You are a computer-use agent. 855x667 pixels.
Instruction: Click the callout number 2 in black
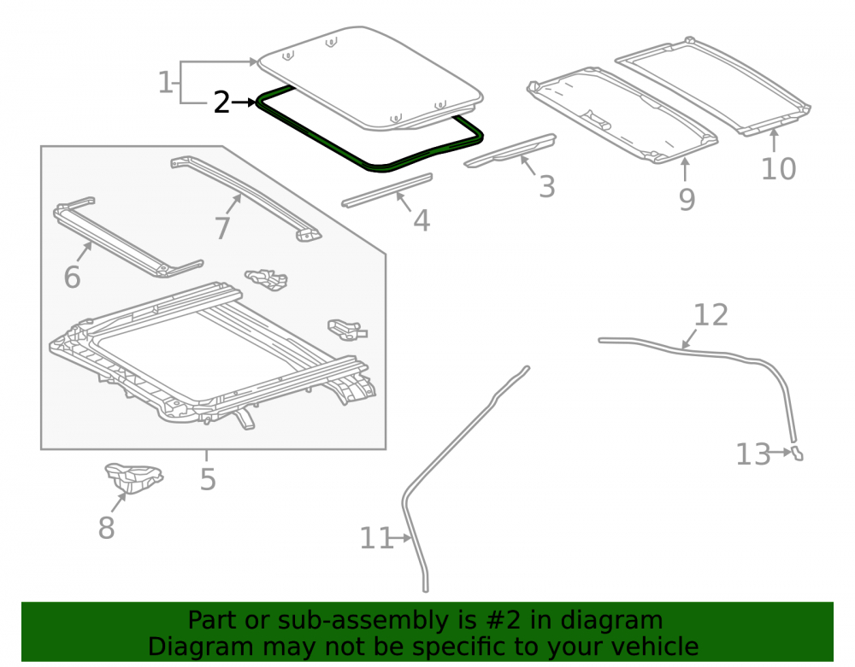click(221, 102)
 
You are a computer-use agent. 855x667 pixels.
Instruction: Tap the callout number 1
click(165, 83)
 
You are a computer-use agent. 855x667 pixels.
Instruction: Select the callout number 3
click(547, 187)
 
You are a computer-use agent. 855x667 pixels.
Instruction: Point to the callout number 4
click(422, 220)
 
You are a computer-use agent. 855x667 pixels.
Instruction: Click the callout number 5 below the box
click(208, 479)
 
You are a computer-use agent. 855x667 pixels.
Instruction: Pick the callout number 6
click(72, 278)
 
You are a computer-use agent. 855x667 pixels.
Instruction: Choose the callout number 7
click(222, 228)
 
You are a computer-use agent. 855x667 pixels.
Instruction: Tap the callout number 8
click(106, 528)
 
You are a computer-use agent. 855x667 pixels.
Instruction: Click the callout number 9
click(687, 199)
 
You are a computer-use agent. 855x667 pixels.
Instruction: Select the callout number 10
click(778, 169)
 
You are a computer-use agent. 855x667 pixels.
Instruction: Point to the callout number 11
click(376, 538)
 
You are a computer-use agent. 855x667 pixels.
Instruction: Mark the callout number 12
click(711, 315)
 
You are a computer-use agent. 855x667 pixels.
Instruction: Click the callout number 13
click(753, 454)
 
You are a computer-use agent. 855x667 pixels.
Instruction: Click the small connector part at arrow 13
click(797, 453)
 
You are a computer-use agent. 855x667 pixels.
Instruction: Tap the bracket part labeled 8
click(133, 478)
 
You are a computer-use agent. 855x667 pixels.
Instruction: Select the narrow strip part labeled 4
click(386, 190)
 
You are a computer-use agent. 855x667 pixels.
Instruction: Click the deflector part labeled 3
click(510, 151)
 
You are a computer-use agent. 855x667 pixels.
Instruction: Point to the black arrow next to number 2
click(244, 102)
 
